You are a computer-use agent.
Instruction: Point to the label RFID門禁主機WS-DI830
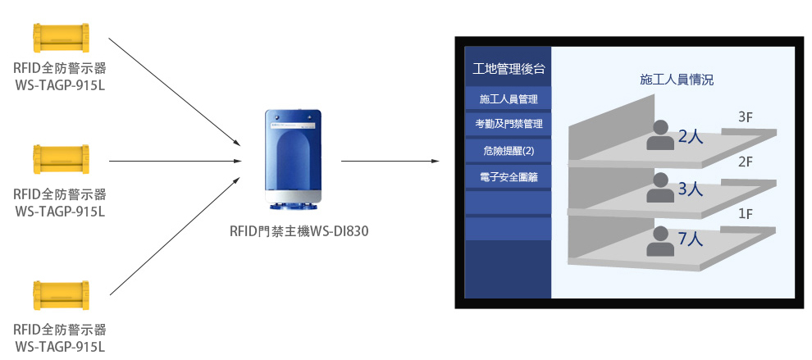coord(299,231)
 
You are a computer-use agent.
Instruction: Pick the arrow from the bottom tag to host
coord(175,235)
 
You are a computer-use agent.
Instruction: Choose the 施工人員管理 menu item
coord(509,99)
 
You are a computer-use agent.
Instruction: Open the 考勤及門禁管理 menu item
coord(509,125)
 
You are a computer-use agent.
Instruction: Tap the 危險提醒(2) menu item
coord(509,150)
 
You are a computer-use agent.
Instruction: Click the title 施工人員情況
coord(676,80)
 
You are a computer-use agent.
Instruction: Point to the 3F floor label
coord(746,118)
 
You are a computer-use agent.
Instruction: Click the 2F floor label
coord(746,162)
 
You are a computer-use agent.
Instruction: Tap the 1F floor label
coord(746,214)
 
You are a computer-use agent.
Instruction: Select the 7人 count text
coord(691,239)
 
